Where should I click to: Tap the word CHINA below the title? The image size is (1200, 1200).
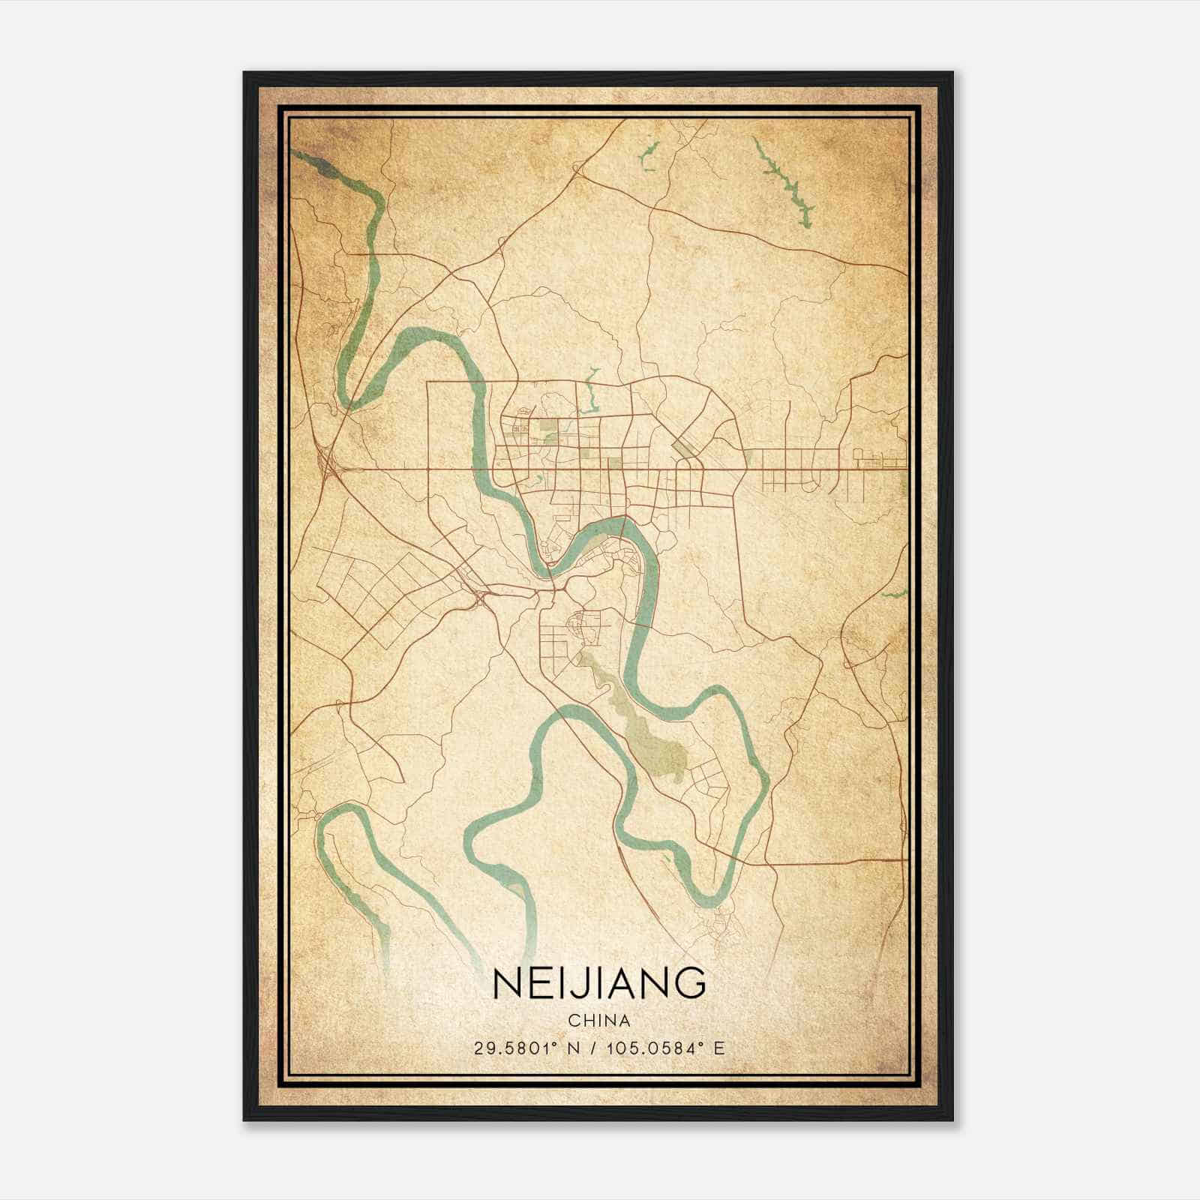pos(598,1021)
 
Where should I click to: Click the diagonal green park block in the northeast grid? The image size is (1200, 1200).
pos(684,448)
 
